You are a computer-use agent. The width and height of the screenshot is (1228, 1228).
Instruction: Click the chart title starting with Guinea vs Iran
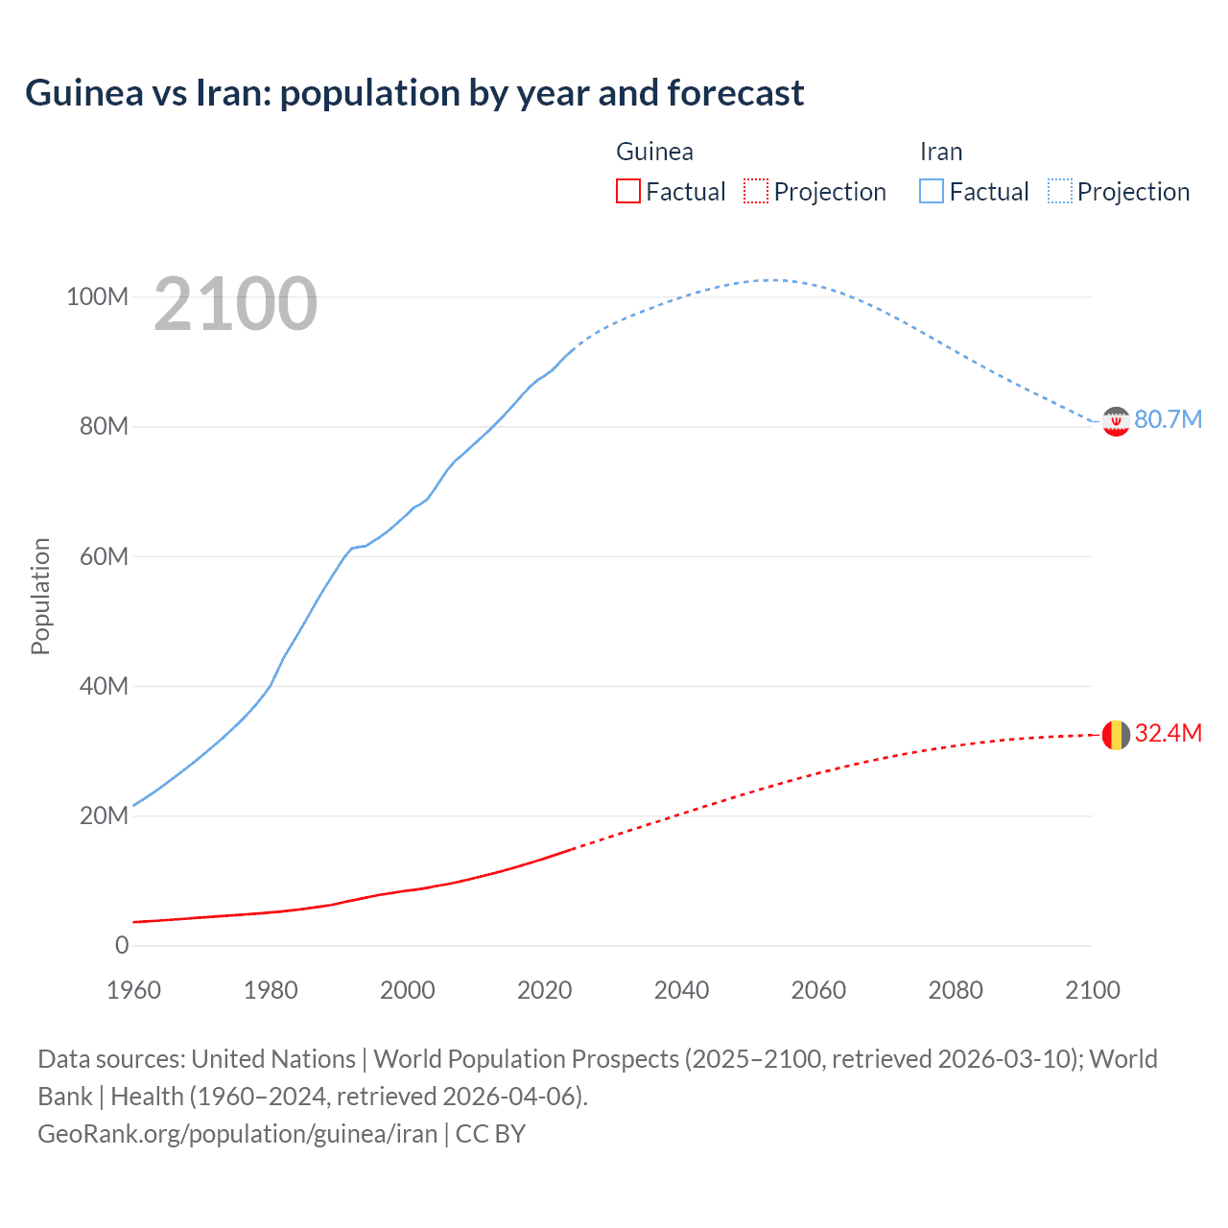[414, 93]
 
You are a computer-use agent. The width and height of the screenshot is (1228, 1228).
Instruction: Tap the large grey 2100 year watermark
[235, 304]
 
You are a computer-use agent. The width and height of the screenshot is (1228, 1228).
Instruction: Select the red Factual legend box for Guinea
[627, 191]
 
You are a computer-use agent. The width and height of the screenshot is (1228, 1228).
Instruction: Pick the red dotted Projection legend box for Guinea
[756, 191]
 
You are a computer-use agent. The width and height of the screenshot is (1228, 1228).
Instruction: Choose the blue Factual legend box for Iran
[931, 191]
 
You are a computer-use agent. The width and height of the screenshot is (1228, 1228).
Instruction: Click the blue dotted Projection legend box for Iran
[1060, 191]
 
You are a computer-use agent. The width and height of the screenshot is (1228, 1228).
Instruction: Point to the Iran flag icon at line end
[1116, 421]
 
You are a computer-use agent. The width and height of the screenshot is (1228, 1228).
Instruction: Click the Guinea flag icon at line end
[1116, 735]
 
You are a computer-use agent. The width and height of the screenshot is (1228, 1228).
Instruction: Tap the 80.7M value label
[1168, 420]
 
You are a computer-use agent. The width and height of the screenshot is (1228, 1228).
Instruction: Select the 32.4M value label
[1168, 734]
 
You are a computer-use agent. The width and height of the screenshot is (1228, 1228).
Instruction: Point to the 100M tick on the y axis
[97, 297]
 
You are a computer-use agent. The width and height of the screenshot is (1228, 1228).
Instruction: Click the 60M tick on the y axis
[104, 557]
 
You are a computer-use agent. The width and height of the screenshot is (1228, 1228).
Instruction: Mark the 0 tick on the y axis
[122, 946]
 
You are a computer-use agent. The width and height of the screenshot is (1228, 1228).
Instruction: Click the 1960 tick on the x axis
[133, 990]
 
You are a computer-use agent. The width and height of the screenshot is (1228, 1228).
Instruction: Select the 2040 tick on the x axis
[681, 990]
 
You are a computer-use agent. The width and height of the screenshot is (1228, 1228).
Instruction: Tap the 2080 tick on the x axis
[956, 990]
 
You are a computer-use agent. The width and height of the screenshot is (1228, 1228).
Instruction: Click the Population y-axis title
[40, 596]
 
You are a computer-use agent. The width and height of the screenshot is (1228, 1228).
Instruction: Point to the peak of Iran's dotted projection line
[772, 280]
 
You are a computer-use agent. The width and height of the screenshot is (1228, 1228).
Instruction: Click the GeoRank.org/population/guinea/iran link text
[237, 1134]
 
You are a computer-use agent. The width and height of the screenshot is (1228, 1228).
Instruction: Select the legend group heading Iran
[940, 152]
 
